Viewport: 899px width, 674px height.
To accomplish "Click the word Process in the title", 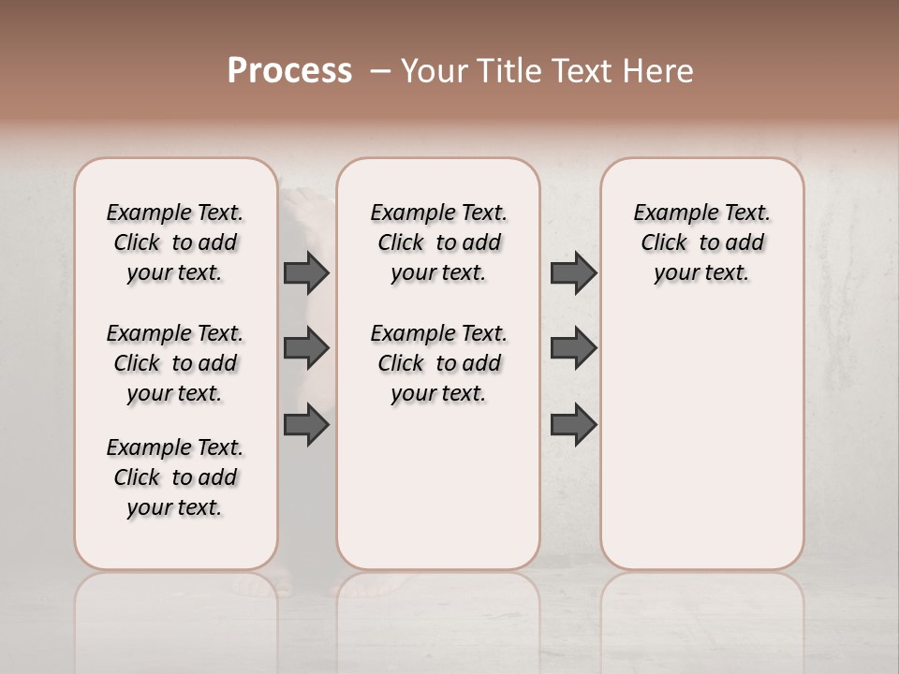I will [289, 71].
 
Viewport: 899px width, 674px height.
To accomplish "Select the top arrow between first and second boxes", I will [306, 272].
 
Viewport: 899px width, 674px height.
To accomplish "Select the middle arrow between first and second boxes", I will [306, 349].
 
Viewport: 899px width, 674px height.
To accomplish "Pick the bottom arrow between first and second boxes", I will [306, 425].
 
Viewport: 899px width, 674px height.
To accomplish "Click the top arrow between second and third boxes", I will [573, 272].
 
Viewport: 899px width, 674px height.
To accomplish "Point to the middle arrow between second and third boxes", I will [573, 349].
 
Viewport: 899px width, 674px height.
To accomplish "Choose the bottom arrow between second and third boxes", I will [573, 425].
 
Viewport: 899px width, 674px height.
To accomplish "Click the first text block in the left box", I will [175, 242].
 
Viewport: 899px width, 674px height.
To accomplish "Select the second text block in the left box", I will [175, 363].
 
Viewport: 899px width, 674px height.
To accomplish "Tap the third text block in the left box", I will [175, 477].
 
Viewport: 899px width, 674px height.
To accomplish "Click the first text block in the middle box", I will [438, 242].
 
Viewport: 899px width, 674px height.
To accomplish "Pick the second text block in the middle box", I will [438, 363].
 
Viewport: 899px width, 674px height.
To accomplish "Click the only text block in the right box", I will [702, 242].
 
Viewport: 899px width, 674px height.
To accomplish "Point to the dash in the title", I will [380, 71].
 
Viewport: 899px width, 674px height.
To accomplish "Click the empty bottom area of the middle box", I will [438, 496].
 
